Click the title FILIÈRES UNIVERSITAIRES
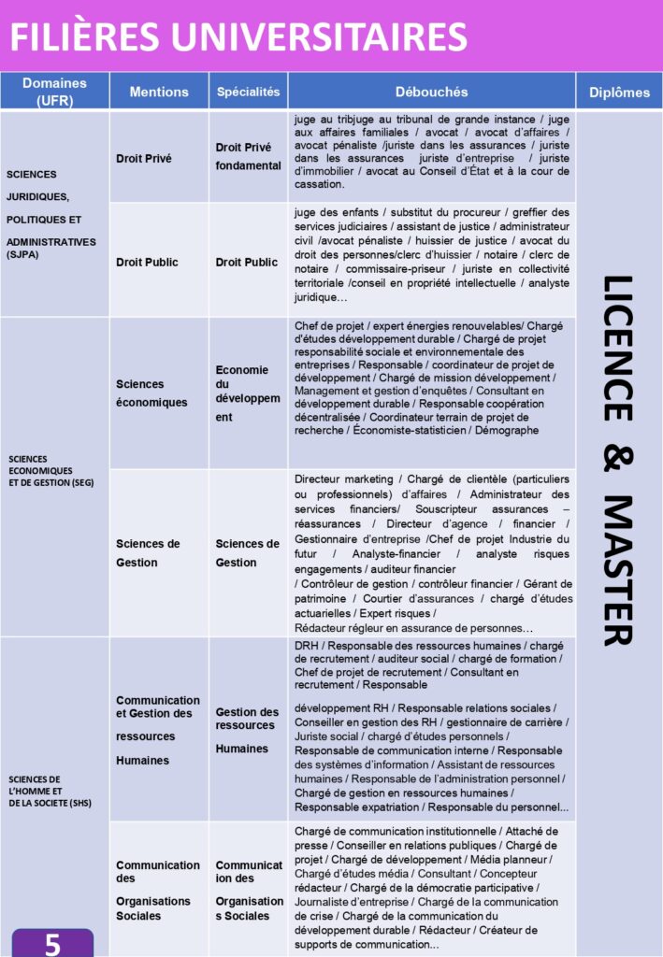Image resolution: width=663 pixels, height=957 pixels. coord(239,36)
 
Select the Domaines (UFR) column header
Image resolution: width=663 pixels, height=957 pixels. coord(54,92)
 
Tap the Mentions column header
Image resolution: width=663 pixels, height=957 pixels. coord(159,92)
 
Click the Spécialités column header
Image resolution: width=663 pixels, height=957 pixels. coord(248,92)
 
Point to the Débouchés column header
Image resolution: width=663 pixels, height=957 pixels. coord(431,92)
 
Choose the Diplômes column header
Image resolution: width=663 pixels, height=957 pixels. coord(619,92)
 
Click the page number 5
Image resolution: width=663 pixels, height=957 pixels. coord(53,944)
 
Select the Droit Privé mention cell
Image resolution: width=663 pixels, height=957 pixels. coord(144,159)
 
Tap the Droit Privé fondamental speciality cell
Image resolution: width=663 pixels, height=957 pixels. coord(248,156)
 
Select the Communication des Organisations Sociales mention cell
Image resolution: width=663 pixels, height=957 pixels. coord(158,890)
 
